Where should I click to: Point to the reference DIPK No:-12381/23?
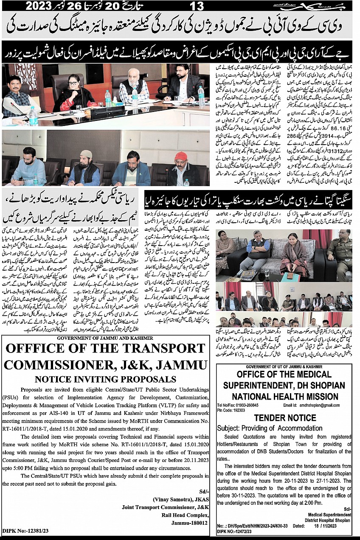pyautogui.click(x=25, y=530)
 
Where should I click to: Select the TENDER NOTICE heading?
pyautogui.click(x=285, y=418)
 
